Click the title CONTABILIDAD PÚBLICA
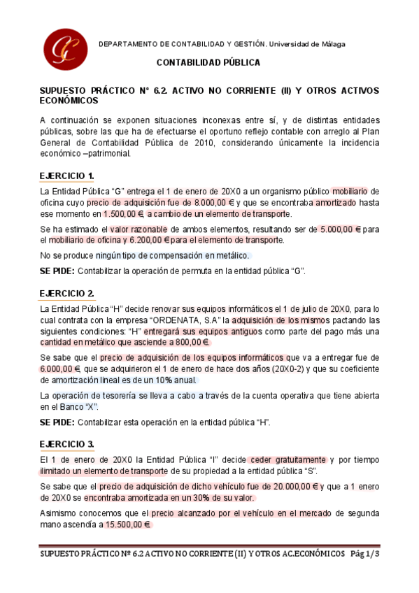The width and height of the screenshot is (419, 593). (208, 62)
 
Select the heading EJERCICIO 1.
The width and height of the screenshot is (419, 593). (67, 175)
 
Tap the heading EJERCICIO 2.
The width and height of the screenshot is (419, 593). (67, 293)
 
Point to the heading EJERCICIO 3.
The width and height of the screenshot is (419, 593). (67, 444)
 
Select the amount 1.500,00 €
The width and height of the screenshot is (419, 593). (123, 214)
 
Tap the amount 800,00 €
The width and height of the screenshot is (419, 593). (192, 342)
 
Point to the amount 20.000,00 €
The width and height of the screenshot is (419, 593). (292, 486)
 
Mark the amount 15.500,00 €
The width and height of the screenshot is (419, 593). (128, 524)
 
